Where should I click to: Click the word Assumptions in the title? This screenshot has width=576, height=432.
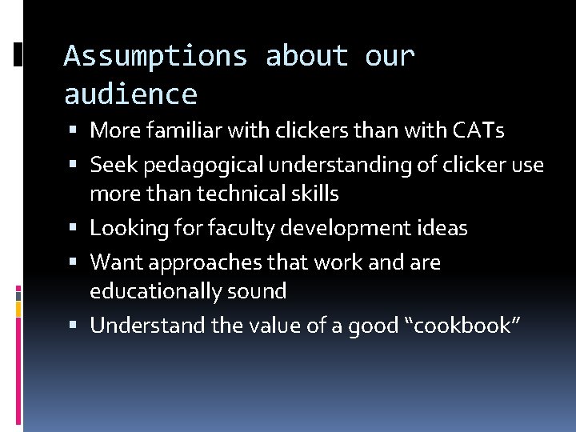pyautogui.click(x=155, y=57)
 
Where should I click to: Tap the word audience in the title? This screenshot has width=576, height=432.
pyautogui.click(x=130, y=95)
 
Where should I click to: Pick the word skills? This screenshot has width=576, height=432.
pyautogui.click(x=313, y=194)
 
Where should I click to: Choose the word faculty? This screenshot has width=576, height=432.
pyautogui.click(x=238, y=228)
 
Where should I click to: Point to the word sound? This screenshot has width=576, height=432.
pyautogui.click(x=258, y=290)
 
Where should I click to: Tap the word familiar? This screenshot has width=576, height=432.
pyautogui.click(x=180, y=129)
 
